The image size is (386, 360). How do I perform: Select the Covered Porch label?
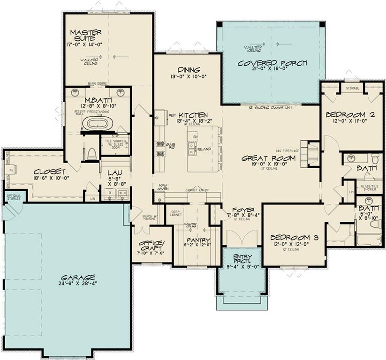(x=272, y=63)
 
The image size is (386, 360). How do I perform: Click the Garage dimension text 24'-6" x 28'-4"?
(x=74, y=284)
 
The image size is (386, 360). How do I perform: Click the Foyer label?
(x=242, y=210)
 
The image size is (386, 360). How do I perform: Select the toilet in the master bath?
(x=92, y=153)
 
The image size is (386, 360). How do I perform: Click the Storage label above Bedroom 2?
(x=352, y=88)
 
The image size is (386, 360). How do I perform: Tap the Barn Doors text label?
(x=97, y=84)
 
